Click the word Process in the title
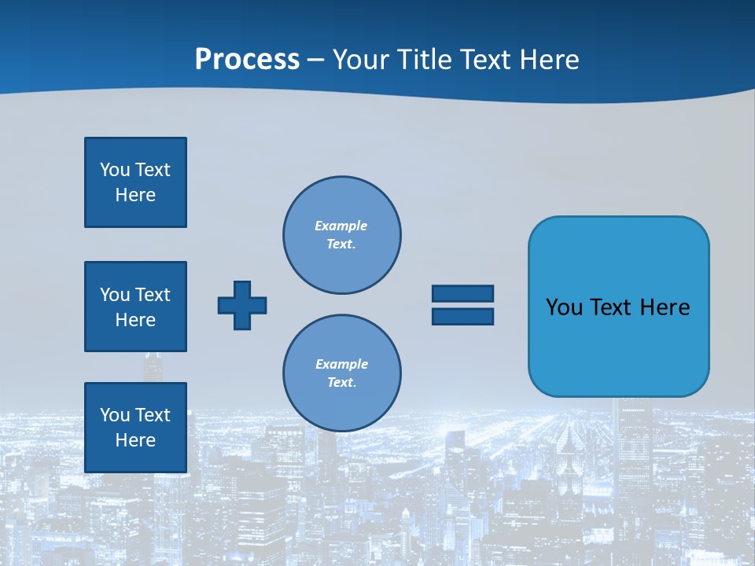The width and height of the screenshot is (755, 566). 247,60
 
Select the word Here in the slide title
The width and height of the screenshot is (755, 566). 551,60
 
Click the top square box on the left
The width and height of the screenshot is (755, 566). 135,182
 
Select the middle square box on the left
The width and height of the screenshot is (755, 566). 135,307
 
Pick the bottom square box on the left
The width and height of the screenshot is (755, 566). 135,428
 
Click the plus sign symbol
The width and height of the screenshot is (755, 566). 242,305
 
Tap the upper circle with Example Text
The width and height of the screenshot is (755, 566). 342,235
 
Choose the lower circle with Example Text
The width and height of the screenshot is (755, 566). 342,373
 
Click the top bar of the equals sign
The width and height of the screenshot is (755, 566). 462,293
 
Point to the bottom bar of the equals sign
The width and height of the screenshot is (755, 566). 462,316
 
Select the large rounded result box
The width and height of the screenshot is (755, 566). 618,346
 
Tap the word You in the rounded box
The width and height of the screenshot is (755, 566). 564,307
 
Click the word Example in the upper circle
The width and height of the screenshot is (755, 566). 341,226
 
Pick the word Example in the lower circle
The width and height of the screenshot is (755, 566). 341,365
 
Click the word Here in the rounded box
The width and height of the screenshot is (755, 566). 665,307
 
